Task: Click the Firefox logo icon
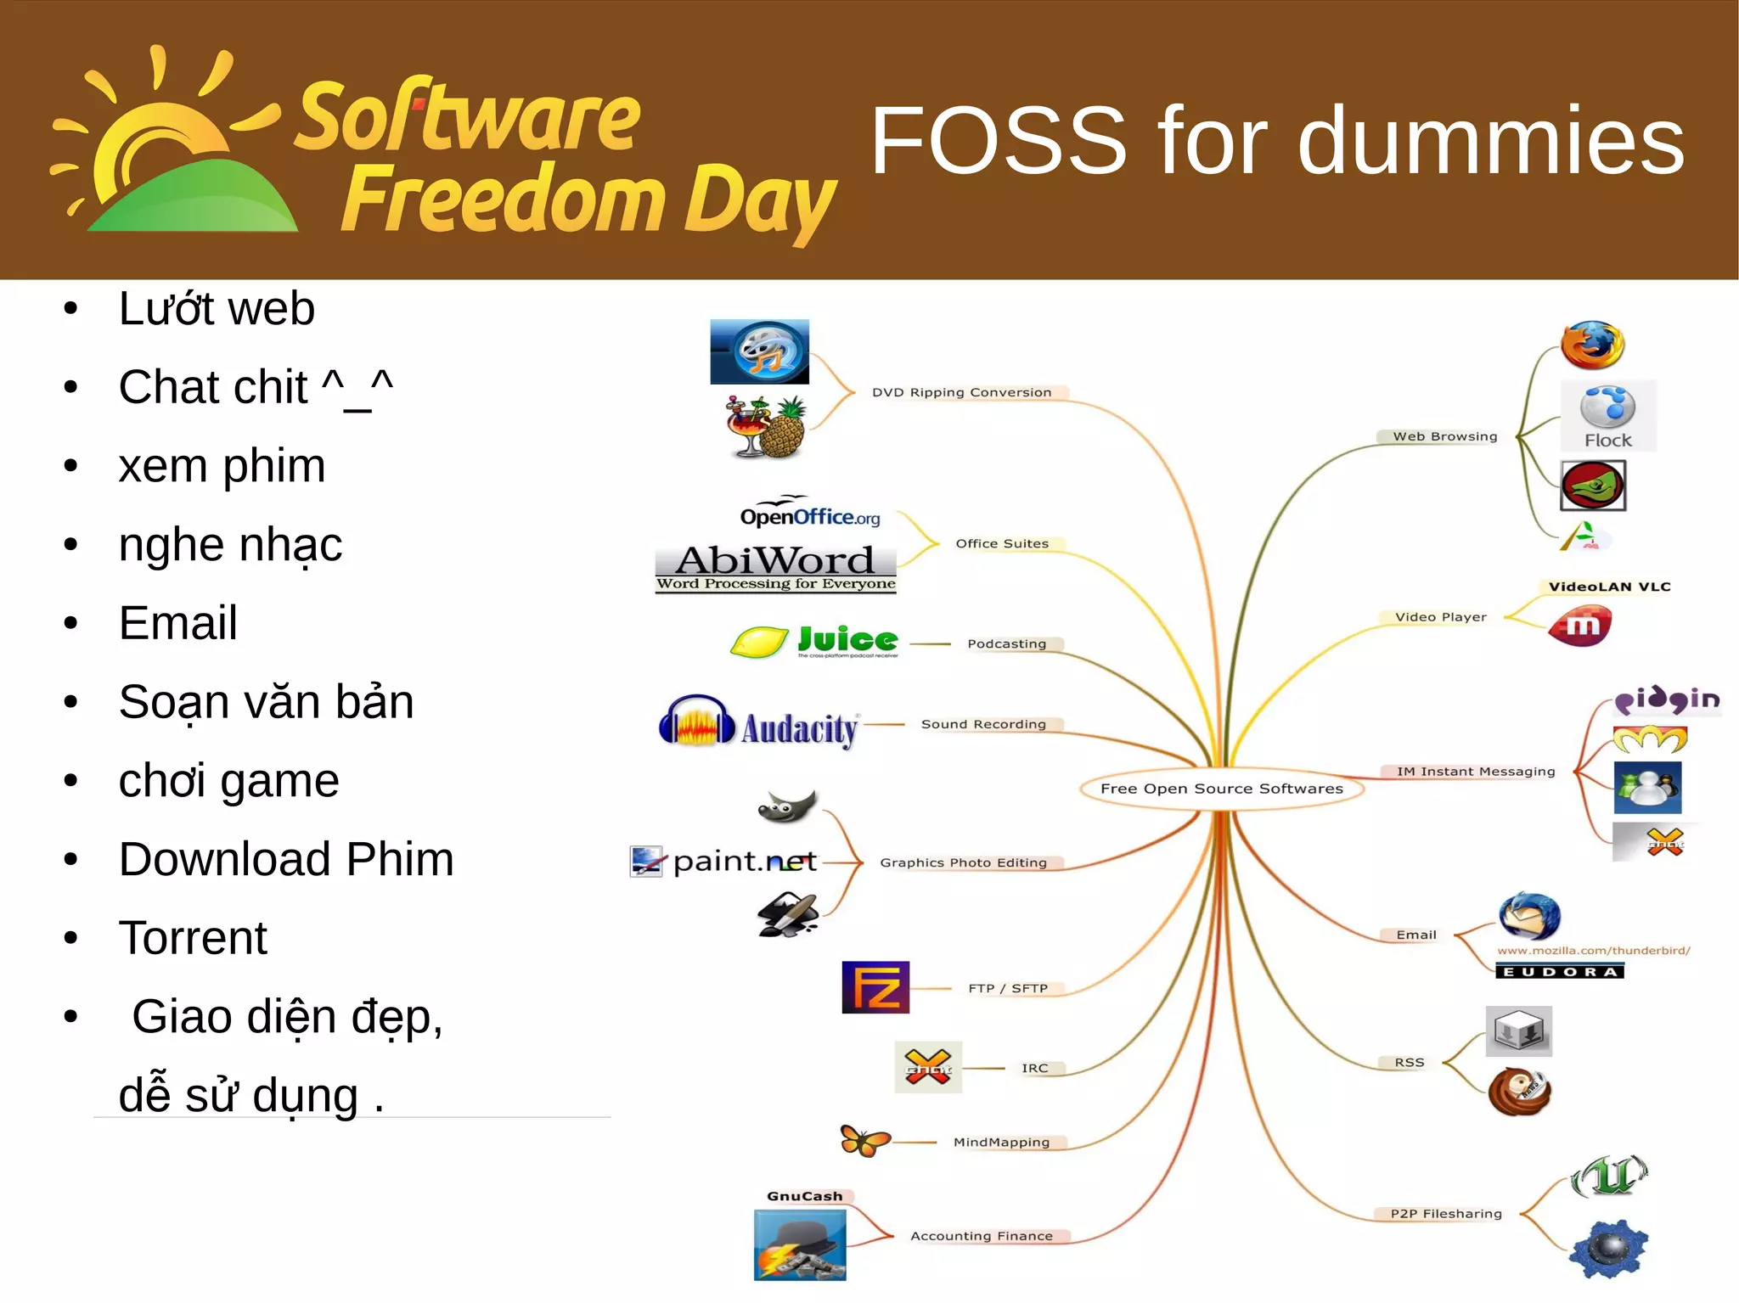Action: click(x=1592, y=345)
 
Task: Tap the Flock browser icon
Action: click(x=1607, y=415)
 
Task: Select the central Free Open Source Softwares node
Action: click(x=1221, y=789)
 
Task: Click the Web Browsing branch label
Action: click(x=1444, y=436)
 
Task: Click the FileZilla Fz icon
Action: click(x=875, y=987)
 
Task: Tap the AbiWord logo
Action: click(x=775, y=567)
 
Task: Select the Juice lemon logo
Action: click(x=813, y=642)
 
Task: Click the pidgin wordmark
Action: click(x=1666, y=699)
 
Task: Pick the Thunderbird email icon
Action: click(x=1528, y=917)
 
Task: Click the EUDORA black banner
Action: click(x=1560, y=971)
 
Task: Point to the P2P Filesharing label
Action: click(x=1445, y=1214)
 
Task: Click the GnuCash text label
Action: click(x=804, y=1196)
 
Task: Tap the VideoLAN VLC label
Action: click(x=1608, y=587)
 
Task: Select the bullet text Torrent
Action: click(x=193, y=938)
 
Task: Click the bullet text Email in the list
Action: click(x=177, y=623)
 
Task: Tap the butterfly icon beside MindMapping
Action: click(x=864, y=1140)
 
